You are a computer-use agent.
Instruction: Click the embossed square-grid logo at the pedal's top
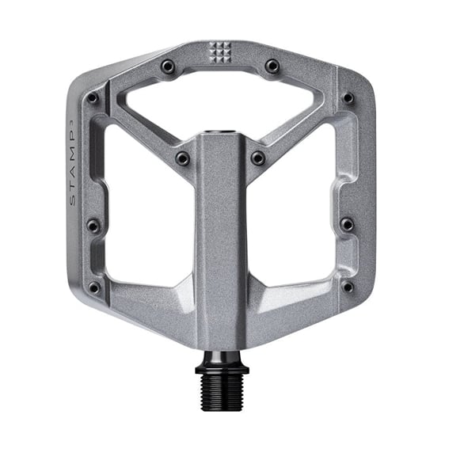(219, 53)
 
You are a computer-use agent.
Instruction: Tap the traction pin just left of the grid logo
(168, 66)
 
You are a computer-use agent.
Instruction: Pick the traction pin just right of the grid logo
(272, 66)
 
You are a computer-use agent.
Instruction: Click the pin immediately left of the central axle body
(182, 158)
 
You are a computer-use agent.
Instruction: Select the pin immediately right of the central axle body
(258, 158)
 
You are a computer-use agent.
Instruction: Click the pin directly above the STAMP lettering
(93, 98)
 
